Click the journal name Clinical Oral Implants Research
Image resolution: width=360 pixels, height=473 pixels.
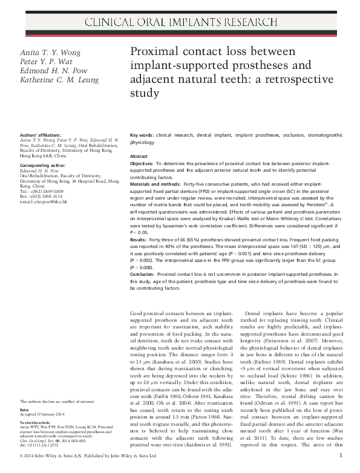180,23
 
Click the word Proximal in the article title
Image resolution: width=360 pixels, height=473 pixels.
154,51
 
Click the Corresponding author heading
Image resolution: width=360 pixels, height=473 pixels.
44,165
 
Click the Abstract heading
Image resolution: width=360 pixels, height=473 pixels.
139,156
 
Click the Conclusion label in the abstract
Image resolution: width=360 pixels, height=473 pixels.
145,274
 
